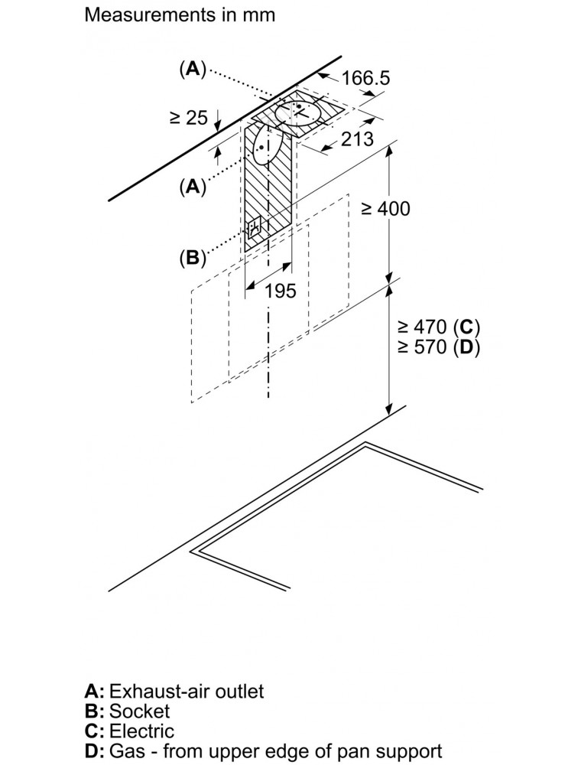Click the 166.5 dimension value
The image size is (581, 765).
click(365, 78)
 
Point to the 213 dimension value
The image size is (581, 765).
click(357, 139)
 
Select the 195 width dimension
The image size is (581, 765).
click(281, 291)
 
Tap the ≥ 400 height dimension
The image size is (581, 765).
click(385, 209)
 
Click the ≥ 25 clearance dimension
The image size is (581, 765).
click(188, 118)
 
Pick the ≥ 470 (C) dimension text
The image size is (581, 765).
click(439, 327)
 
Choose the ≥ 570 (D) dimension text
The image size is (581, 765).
click(439, 347)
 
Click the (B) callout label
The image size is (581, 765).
click(193, 257)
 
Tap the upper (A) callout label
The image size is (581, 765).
click(193, 69)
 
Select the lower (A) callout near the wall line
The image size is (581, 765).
click(193, 187)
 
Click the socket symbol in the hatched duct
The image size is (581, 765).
click(254, 228)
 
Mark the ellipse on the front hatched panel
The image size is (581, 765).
click(266, 145)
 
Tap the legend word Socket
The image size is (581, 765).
click(139, 711)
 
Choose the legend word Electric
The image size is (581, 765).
click(141, 731)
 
